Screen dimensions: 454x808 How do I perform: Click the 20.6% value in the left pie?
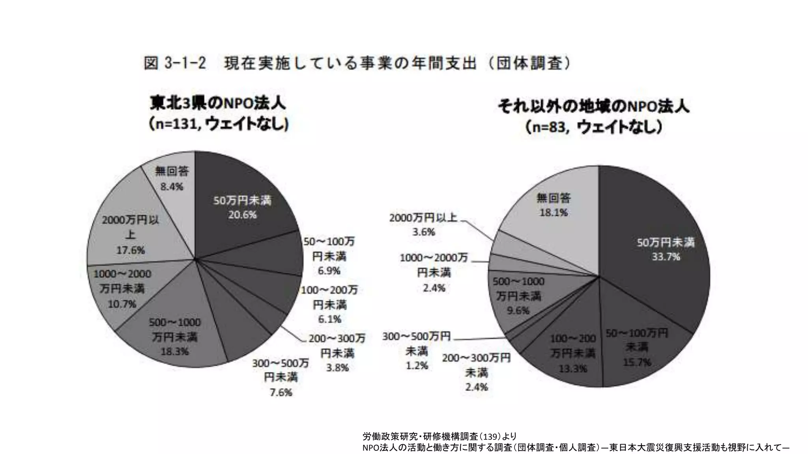tap(242, 215)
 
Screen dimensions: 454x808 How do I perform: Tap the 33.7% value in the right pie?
tap(666, 257)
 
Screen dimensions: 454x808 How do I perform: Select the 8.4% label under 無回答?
tap(172, 187)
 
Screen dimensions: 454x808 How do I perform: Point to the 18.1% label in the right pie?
tap(554, 213)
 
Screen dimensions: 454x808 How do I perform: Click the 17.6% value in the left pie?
tap(131, 250)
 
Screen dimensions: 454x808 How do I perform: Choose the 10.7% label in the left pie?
tap(122, 304)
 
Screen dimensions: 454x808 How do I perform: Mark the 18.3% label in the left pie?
tap(174, 352)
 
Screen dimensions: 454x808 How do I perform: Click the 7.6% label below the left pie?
tap(281, 393)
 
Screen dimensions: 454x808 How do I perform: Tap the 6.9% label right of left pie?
tap(329, 271)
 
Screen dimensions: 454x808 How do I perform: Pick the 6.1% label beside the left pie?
tap(329, 319)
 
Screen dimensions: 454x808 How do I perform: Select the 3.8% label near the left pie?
tap(337, 368)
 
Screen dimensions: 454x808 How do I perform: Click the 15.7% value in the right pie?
tap(637, 362)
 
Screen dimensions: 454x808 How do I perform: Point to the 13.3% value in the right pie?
tap(573, 369)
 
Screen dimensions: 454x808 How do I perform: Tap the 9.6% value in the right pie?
tap(518, 311)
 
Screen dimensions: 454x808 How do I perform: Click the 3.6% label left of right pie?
tap(423, 232)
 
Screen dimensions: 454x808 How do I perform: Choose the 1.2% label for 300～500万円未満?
tap(417, 366)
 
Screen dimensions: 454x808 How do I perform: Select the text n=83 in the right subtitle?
tap(549, 127)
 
